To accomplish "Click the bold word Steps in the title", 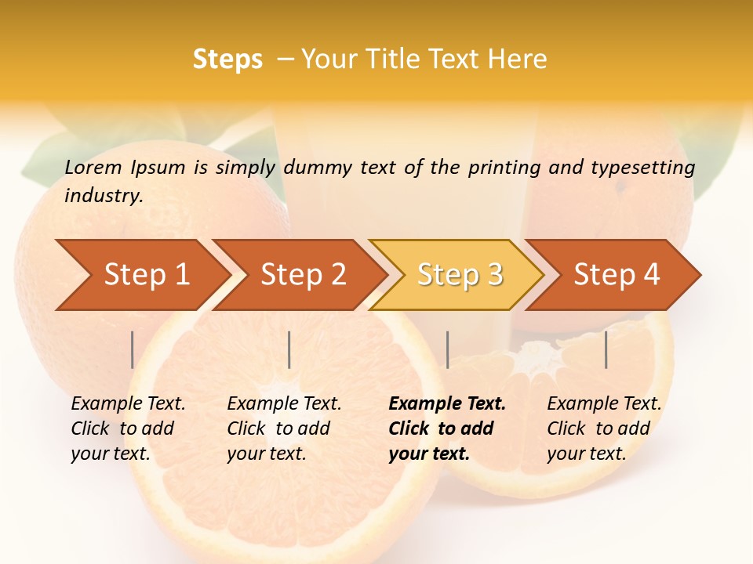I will (x=227, y=60).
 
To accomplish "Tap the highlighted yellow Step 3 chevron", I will (x=460, y=275).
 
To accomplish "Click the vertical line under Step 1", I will (x=133, y=349).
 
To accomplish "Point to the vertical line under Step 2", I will (x=289, y=349).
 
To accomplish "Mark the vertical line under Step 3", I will (x=448, y=349).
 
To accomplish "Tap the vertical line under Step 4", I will (x=606, y=349).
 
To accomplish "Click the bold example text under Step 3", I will (x=446, y=428).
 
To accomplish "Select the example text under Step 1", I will (x=128, y=428).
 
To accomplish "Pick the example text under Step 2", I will (x=284, y=428).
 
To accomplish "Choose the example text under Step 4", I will (x=604, y=428).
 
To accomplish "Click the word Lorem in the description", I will (x=93, y=167).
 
